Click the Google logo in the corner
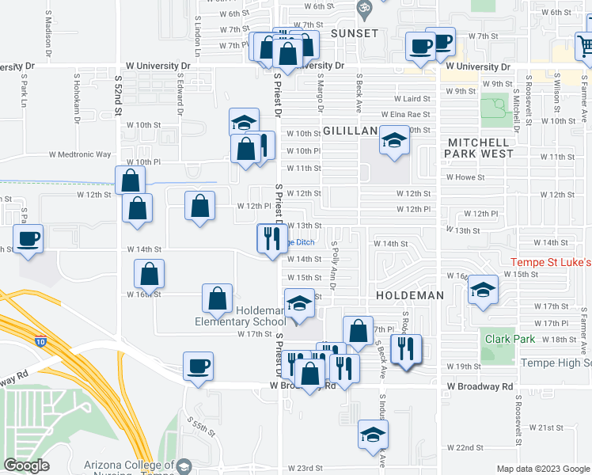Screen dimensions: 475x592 [26, 465]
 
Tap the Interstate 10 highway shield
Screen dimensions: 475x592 [40, 342]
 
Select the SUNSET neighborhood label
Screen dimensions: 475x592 [354, 33]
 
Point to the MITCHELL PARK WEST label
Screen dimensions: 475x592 [480, 147]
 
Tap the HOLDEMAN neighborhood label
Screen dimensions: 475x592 [409, 294]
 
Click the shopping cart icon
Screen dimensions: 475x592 [585, 48]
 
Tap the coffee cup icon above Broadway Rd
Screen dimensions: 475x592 [198, 366]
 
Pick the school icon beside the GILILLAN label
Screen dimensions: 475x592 [393, 140]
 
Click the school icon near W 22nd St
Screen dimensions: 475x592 [373, 434]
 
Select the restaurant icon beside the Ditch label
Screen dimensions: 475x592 [271, 237]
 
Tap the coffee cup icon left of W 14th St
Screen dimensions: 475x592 [28, 238]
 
